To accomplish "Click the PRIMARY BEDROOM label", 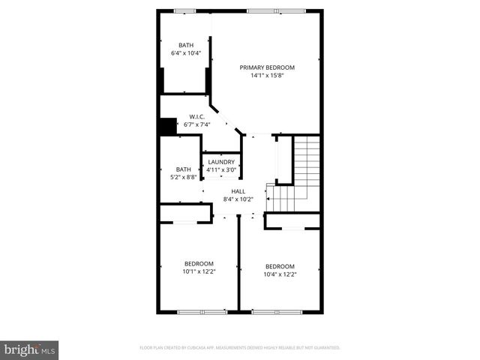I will (267, 67).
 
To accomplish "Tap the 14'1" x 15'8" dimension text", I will (267, 76).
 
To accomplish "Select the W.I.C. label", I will (197, 116).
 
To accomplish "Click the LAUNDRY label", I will (221, 161).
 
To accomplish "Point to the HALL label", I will (238, 191).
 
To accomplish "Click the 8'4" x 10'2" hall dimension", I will (238, 199).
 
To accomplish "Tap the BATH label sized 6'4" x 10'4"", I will (185, 45).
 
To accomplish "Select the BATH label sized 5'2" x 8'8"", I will (184, 169).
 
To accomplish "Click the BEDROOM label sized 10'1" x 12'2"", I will (199, 263).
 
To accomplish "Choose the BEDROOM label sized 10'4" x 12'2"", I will (279, 266).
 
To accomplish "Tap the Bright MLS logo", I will (30, 349).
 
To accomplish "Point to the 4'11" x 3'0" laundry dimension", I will (221, 169).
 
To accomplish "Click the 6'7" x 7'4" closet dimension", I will (197, 124).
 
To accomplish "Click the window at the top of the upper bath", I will (184, 10).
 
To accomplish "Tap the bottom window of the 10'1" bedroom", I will (202, 311).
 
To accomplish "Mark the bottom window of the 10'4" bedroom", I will (277, 311).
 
